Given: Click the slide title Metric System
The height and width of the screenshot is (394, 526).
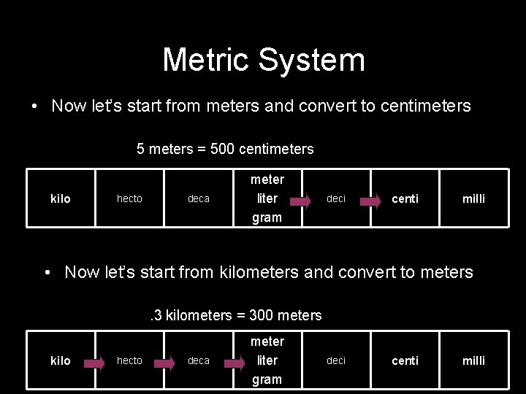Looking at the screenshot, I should pos(263,60).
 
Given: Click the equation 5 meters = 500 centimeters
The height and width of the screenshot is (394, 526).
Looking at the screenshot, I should pos(225,150).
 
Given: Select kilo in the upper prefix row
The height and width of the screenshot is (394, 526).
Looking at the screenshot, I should pos(61,198).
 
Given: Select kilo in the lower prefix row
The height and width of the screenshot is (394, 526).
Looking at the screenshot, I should pos(61,360).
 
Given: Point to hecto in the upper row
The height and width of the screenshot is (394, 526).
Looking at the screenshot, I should pos(129,198).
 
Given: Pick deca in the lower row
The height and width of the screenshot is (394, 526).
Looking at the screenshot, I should pos(198,360).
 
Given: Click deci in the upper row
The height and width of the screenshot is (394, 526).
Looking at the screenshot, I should pos(336,198).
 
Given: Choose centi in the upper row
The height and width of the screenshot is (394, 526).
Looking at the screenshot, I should pos(405,198).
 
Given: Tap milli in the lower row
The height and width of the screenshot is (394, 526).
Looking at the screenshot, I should pos(473,360).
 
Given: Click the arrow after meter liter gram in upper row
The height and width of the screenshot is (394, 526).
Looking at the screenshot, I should pos(290,198).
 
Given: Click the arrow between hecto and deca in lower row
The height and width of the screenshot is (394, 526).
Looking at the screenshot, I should pos(167,360).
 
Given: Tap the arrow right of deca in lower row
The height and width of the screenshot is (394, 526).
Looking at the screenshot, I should pos(235,360).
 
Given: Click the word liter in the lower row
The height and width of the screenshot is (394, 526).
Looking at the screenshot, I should pos(267,360).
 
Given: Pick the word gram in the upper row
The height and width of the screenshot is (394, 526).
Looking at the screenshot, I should pos(267,217).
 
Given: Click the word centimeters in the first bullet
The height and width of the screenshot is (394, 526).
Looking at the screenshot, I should pos(425,107).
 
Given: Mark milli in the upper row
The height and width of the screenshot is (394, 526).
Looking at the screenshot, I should pos(473,198).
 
